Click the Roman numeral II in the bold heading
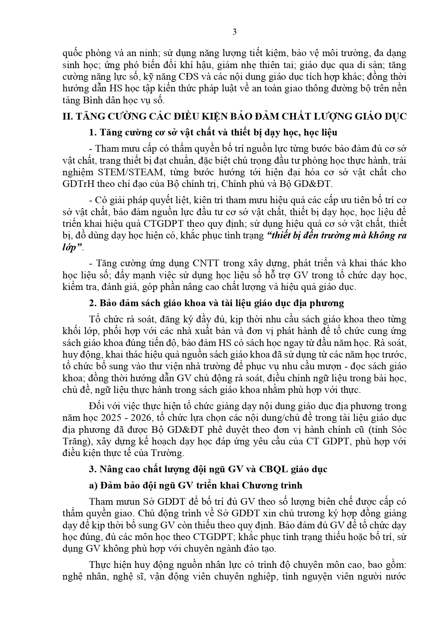click(66, 117)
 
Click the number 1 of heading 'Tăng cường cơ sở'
click(93, 133)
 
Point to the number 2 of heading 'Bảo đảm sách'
click(93, 303)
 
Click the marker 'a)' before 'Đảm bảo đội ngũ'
click(94, 486)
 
